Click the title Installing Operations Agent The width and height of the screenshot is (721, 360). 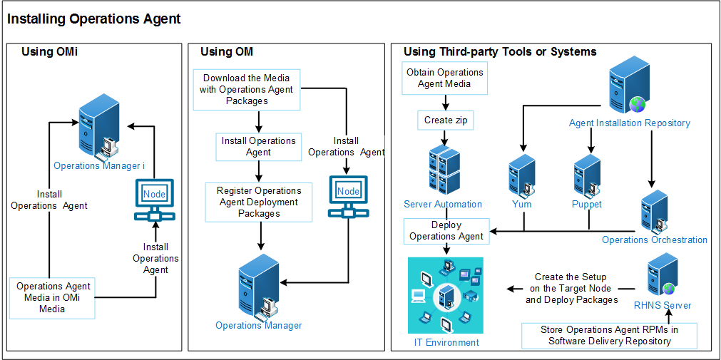(94, 19)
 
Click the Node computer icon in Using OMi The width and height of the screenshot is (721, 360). (154, 201)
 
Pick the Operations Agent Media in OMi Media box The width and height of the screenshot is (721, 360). (53, 297)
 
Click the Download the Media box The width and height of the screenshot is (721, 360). (247, 90)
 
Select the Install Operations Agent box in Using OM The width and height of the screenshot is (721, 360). (258, 146)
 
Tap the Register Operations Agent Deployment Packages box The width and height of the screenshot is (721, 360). (259, 202)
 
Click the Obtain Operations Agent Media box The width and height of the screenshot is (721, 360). (444, 78)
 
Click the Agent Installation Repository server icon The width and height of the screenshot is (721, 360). (628, 89)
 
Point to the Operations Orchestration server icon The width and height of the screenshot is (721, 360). (654, 211)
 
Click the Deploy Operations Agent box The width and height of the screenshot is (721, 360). (446, 231)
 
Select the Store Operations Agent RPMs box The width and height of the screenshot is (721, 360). (609, 335)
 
